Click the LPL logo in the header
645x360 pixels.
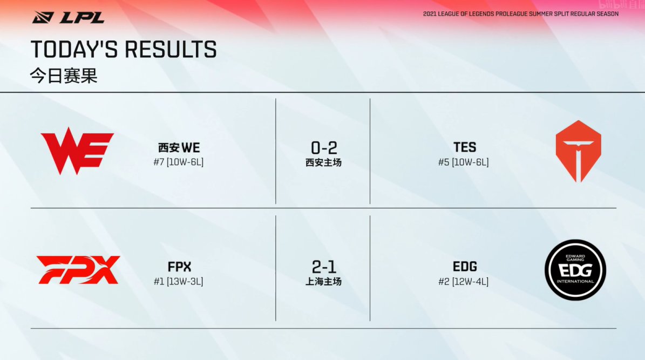pos(69,18)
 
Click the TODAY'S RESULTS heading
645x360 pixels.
pos(124,49)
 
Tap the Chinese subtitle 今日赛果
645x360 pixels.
pos(64,76)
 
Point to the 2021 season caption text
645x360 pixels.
pos(520,14)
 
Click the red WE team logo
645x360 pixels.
pos(77,151)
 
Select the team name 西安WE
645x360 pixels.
pos(179,148)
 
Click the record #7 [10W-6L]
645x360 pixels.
pos(179,162)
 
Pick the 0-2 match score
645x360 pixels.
pos(324,148)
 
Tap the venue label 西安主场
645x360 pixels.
pos(323,162)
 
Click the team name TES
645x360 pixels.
pos(465,147)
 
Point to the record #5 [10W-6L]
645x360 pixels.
pos(464,162)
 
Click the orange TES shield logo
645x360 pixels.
pos(579,151)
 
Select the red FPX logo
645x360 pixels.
pos(78,270)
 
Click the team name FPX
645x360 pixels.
pos(179,267)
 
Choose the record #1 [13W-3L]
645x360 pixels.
pos(179,281)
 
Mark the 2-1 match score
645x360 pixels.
pos(324,267)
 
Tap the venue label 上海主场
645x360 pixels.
pos(323,281)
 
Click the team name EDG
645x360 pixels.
pos(465,267)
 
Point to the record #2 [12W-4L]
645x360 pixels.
pos(464,281)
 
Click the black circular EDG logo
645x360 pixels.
pos(575,270)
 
